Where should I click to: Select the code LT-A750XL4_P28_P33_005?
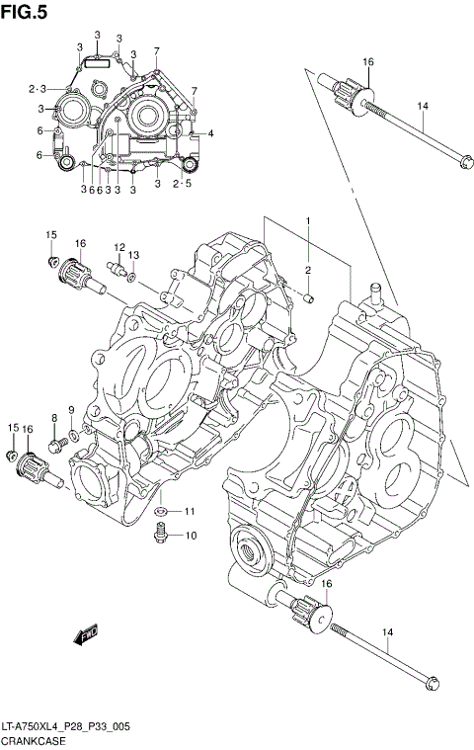[66, 726]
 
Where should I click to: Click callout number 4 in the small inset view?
[209, 133]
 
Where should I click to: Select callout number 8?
[53, 419]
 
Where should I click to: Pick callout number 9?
[72, 410]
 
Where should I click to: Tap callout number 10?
[191, 536]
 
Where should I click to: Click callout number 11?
[190, 511]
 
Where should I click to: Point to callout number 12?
[118, 247]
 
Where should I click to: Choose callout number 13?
[133, 255]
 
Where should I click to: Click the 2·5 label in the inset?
[182, 184]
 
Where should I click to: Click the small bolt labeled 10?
[158, 535]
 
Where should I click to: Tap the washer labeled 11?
[159, 511]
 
